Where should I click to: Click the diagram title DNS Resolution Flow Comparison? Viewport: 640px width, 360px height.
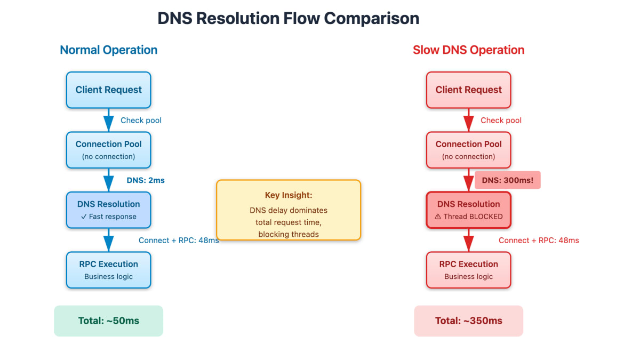tap(289, 19)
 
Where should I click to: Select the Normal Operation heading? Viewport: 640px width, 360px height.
tap(109, 50)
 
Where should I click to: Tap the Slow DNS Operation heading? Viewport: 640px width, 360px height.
tap(469, 50)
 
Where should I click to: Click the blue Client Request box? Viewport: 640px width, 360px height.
tap(109, 90)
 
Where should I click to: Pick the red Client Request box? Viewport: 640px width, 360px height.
tap(469, 90)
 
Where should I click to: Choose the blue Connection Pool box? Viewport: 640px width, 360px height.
tap(109, 150)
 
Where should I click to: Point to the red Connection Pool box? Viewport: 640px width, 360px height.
tap(469, 150)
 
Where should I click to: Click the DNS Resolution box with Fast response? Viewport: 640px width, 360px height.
tap(109, 210)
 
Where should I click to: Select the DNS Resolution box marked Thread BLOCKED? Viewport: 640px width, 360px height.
tap(469, 210)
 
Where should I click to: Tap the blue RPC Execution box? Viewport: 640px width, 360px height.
tap(109, 270)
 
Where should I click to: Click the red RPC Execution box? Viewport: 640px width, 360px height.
tap(469, 270)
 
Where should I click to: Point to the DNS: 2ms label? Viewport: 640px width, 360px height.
tap(146, 180)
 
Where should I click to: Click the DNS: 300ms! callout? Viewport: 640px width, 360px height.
tap(507, 180)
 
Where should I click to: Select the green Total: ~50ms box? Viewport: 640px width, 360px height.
tap(109, 321)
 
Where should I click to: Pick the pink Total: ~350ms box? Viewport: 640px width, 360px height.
tap(469, 321)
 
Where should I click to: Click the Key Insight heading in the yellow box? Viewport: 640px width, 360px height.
tap(289, 195)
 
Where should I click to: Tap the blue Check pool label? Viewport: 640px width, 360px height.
tap(141, 121)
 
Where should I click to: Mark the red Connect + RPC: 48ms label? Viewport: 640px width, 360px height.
tap(539, 241)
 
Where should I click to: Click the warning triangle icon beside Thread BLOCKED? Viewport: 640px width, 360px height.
tap(438, 217)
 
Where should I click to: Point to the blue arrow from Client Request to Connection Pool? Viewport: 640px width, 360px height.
tap(109, 120)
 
